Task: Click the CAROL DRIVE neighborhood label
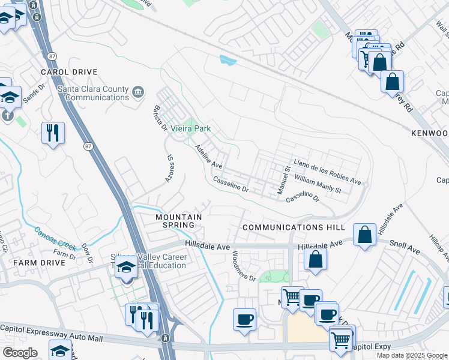[68, 72]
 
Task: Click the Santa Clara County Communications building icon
[138, 92]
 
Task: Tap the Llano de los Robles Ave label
[327, 172]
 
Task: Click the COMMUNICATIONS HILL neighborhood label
[294, 227]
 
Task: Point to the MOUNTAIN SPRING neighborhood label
[178, 220]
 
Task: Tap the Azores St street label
[170, 167]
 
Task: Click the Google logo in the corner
[20, 353]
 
